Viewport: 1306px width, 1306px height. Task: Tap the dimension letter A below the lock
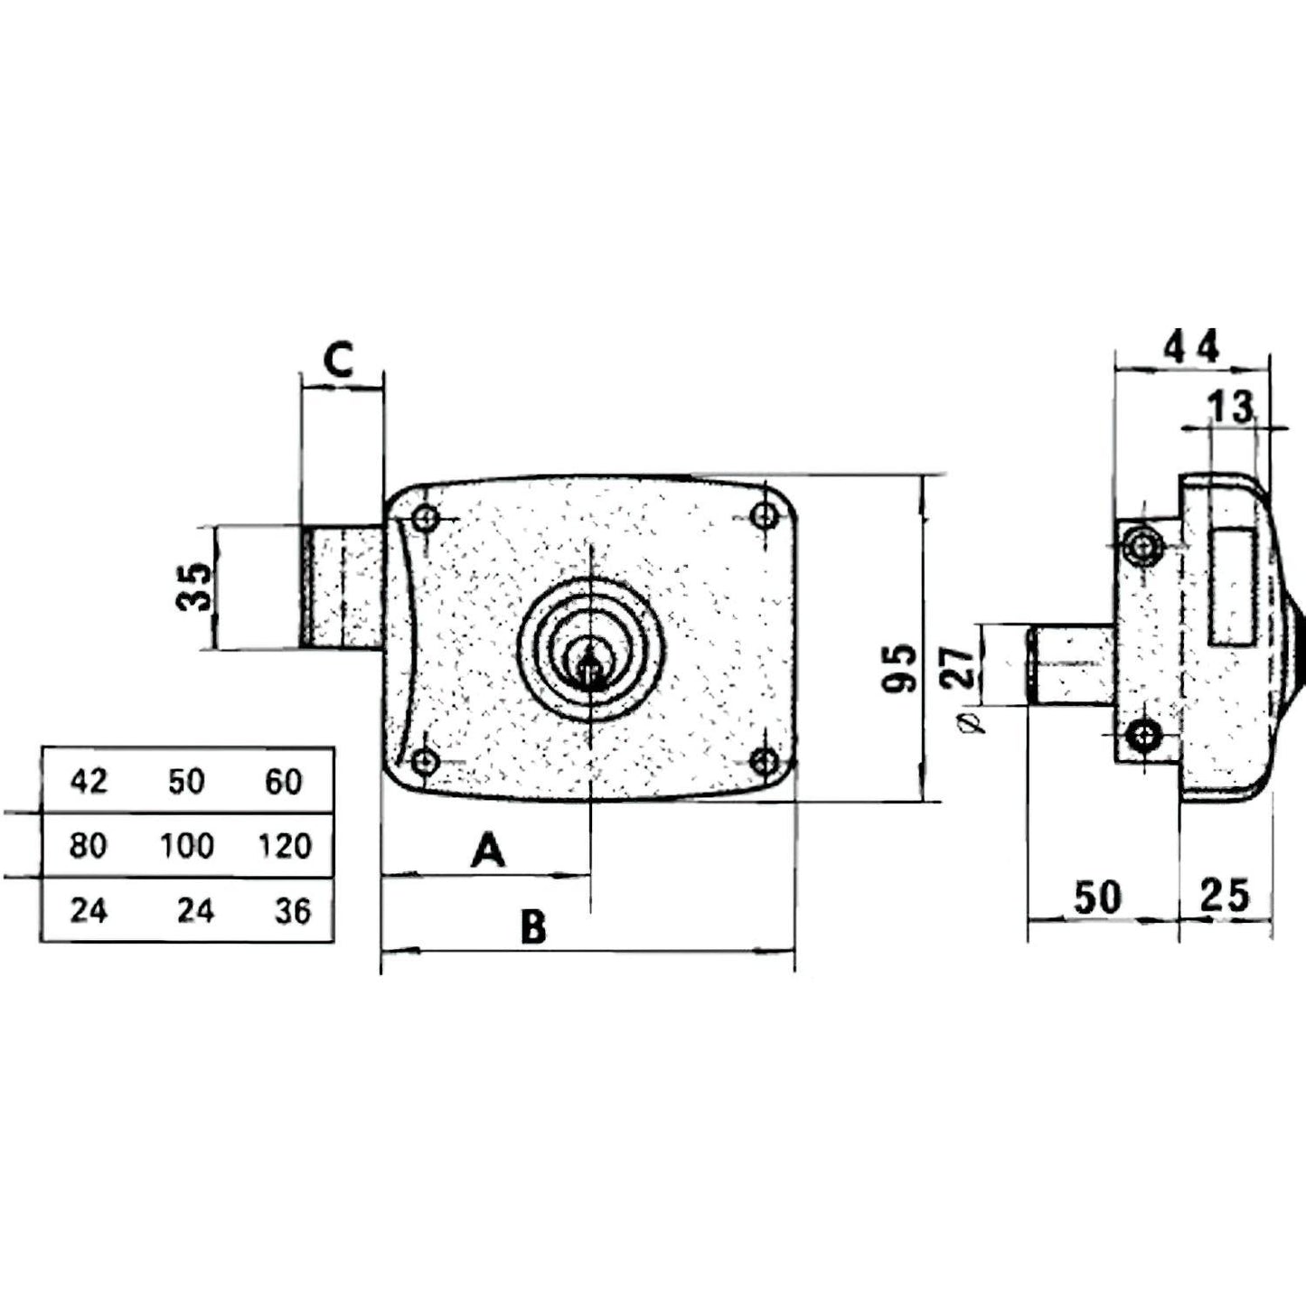click(x=488, y=850)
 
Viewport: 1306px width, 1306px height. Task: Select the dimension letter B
click(x=533, y=926)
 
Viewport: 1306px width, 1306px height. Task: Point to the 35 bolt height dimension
click(x=193, y=587)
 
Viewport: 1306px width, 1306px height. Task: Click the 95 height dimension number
click(x=898, y=668)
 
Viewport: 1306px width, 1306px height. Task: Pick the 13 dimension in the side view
click(x=1232, y=408)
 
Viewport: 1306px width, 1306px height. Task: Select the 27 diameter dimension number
click(x=962, y=667)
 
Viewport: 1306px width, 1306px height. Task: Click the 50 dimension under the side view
click(x=1097, y=897)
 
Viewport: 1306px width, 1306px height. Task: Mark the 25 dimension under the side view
click(x=1225, y=896)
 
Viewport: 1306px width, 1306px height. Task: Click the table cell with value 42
click(x=89, y=781)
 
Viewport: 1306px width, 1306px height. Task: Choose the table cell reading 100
click(x=187, y=846)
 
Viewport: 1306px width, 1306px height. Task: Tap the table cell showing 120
click(x=284, y=846)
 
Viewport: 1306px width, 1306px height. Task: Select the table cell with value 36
click(x=293, y=911)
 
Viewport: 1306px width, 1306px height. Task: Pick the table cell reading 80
click(x=89, y=846)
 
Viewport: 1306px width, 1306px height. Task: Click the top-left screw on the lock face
click(x=425, y=519)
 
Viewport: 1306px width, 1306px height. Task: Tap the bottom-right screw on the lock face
click(x=765, y=761)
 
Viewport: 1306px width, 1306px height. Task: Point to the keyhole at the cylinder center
click(x=589, y=670)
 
